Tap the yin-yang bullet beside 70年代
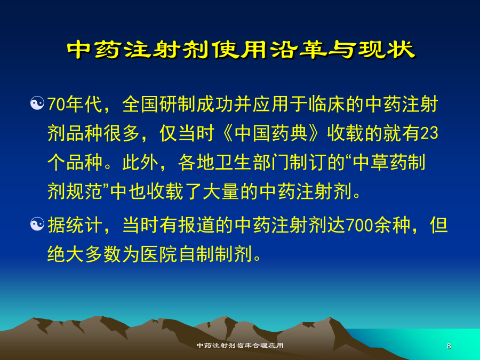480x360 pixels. click(x=37, y=103)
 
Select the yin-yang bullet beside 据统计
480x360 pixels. click(x=37, y=224)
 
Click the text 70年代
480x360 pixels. click(x=75, y=104)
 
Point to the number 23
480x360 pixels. click(x=429, y=133)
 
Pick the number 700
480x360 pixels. click(x=359, y=225)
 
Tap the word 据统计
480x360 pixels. click(x=75, y=225)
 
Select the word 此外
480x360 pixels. click(x=141, y=162)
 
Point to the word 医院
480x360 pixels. click(x=159, y=254)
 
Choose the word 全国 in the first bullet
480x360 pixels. click(x=141, y=104)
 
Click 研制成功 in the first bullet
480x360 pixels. click(x=196, y=104)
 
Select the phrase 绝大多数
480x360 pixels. click(x=84, y=254)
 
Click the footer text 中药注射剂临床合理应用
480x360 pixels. click(x=240, y=346)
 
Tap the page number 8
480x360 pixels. click(x=449, y=346)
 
